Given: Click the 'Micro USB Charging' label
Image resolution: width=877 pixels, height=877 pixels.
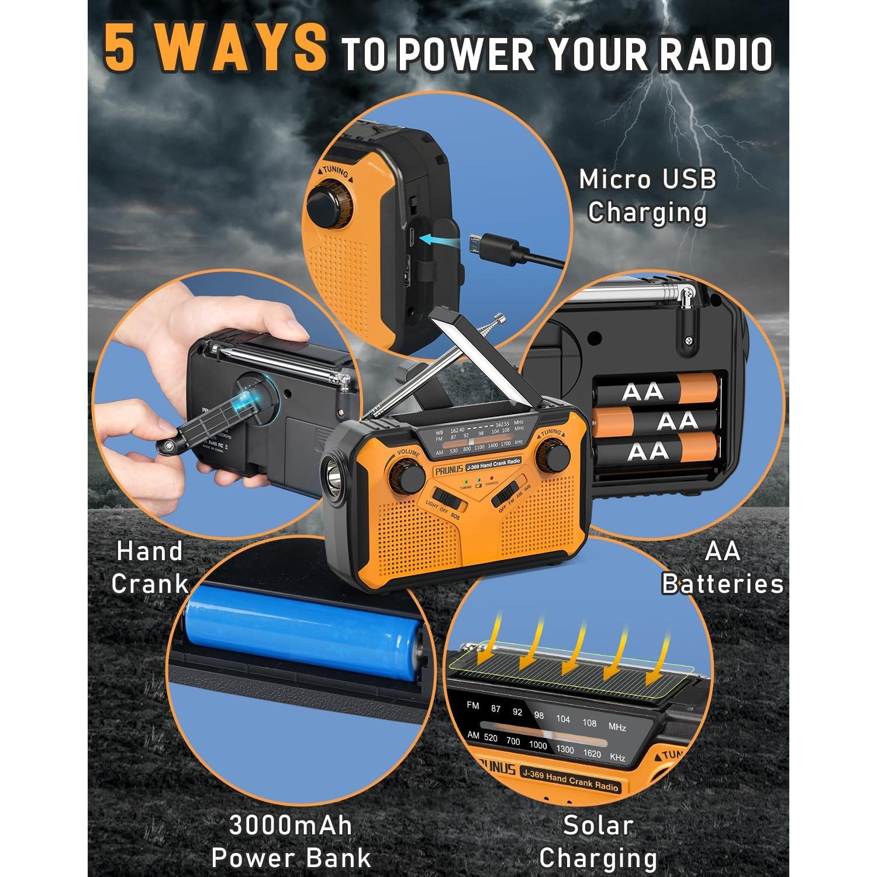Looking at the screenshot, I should [647, 195].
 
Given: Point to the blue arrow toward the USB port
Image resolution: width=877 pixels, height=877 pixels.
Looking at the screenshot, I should [441, 239].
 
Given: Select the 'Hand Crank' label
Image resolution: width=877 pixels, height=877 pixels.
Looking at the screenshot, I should [150, 567].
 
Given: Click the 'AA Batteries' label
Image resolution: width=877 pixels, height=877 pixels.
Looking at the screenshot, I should [723, 567].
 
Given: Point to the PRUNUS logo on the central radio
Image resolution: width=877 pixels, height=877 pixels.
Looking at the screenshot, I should [448, 470].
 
